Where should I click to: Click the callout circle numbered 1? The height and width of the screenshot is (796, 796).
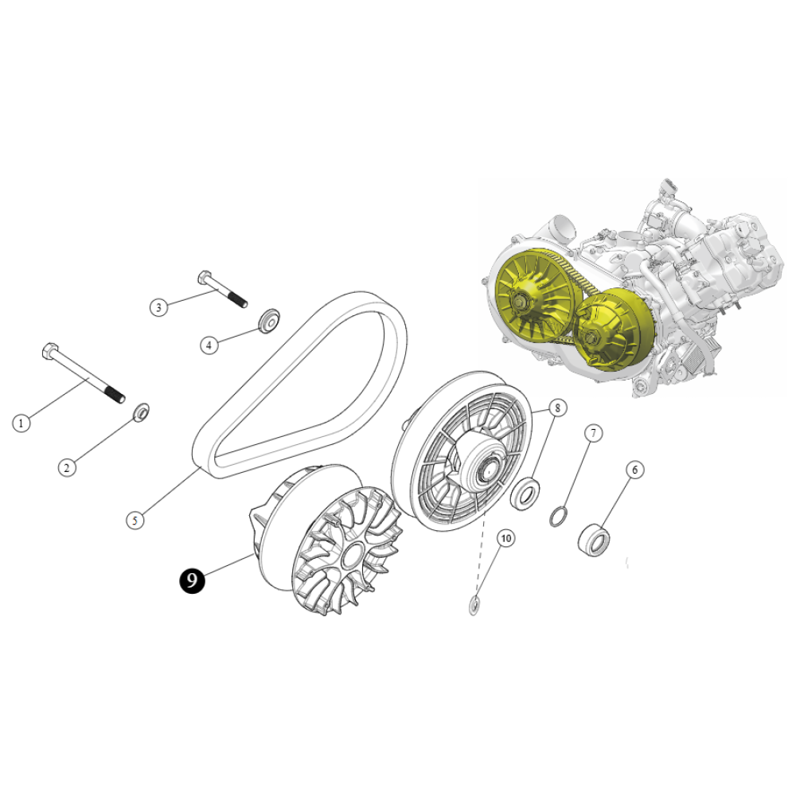pyautogui.click(x=21, y=423)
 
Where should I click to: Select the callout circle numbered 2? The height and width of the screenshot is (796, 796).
pyautogui.click(x=67, y=467)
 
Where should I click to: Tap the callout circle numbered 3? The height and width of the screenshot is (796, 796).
pyautogui.click(x=159, y=307)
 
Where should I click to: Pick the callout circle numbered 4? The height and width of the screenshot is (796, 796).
pyautogui.click(x=209, y=345)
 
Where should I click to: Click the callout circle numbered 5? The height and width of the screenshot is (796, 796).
pyautogui.click(x=135, y=521)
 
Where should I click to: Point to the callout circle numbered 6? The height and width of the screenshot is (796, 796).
pyautogui.click(x=634, y=470)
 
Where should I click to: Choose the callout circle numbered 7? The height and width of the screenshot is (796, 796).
pyautogui.click(x=593, y=433)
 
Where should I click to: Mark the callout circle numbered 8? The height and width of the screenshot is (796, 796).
pyautogui.click(x=557, y=408)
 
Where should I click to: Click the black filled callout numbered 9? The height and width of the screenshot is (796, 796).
pyautogui.click(x=192, y=579)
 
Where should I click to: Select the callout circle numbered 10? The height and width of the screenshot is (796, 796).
pyautogui.click(x=506, y=538)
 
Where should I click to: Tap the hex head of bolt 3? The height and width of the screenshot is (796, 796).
pyautogui.click(x=205, y=278)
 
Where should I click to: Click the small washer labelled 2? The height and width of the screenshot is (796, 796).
pyautogui.click(x=141, y=412)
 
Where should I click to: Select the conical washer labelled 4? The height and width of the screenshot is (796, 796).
pyautogui.click(x=269, y=321)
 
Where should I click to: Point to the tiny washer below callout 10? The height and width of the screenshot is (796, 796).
pyautogui.click(x=474, y=605)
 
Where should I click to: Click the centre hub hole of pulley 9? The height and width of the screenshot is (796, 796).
pyautogui.click(x=351, y=556)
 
